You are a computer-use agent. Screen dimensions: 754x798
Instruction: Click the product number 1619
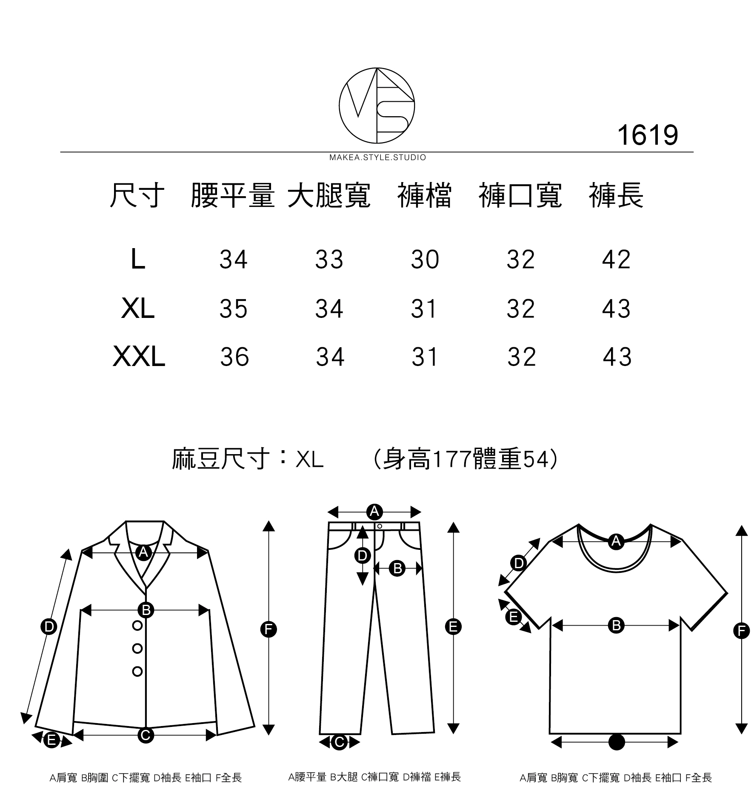pyautogui.click(x=647, y=135)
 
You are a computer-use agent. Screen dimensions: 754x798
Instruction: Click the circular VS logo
pyautogui.click(x=377, y=105)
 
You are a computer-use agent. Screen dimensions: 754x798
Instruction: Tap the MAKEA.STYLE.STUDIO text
pyautogui.click(x=377, y=158)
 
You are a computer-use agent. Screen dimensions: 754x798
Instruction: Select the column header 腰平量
pyautogui.click(x=232, y=196)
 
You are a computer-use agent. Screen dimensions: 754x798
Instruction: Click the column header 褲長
pyautogui.click(x=616, y=196)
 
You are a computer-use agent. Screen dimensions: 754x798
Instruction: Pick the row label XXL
pyautogui.click(x=139, y=357)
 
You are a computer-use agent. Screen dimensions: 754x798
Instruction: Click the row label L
pyautogui.click(x=138, y=259)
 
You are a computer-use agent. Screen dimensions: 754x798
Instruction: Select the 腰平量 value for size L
pyautogui.click(x=233, y=259)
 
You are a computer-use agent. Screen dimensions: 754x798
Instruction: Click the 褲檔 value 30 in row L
pyautogui.click(x=425, y=259)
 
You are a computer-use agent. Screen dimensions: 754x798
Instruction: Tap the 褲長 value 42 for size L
pyautogui.click(x=616, y=259)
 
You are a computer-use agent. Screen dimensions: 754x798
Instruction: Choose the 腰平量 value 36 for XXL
pyautogui.click(x=234, y=357)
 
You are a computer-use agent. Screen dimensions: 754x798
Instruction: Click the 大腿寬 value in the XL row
pyautogui.click(x=329, y=309)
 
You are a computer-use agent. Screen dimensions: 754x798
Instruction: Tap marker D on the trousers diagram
pyautogui.click(x=362, y=555)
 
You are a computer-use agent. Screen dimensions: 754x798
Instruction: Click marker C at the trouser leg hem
pyautogui.click(x=339, y=743)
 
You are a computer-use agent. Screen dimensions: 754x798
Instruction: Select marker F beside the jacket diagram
pyautogui.click(x=268, y=629)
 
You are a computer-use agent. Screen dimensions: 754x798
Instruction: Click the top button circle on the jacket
pyautogui.click(x=137, y=625)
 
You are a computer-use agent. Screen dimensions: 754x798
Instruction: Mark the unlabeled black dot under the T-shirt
pyautogui.click(x=617, y=742)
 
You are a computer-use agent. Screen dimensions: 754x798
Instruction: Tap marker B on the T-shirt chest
pyautogui.click(x=616, y=625)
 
